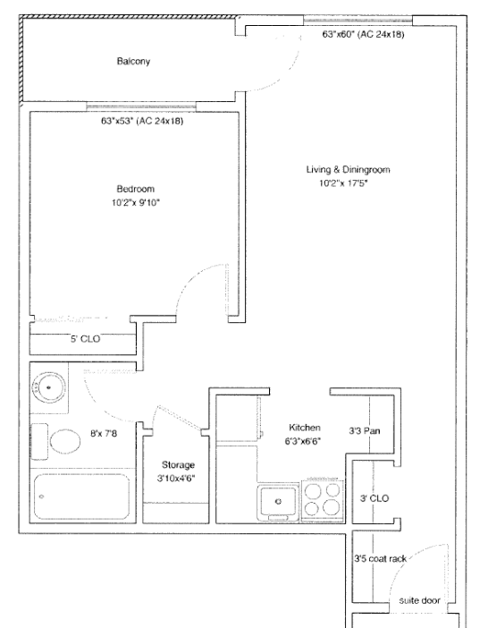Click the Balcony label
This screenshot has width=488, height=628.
point(133,61)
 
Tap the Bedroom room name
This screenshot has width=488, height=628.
point(135,189)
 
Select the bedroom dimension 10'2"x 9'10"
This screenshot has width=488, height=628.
point(136,203)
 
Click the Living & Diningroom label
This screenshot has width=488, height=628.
point(348,170)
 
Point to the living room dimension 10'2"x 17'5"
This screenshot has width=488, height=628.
point(343,183)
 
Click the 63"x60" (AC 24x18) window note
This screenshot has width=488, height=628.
point(363,35)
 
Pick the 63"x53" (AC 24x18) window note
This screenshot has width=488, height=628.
point(142,121)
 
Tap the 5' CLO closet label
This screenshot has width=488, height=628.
point(86,339)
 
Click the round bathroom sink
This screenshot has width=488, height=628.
point(48,387)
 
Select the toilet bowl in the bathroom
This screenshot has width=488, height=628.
point(64,440)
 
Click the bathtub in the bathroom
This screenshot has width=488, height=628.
point(81,496)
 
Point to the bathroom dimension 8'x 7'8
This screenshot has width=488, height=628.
point(104,433)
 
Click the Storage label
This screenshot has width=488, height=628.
point(178,465)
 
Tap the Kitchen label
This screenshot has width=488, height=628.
point(305,428)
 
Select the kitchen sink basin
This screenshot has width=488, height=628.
point(278,501)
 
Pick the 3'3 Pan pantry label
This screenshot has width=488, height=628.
point(365,431)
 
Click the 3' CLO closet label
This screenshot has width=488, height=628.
point(374,498)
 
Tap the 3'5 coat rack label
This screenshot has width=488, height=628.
point(381,558)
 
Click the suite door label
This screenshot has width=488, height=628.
point(419,600)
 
